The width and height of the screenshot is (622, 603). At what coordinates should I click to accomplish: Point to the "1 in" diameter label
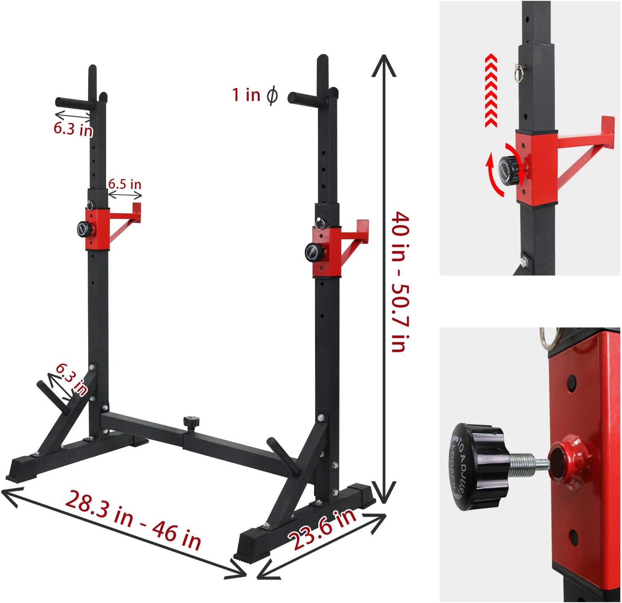point(246,95)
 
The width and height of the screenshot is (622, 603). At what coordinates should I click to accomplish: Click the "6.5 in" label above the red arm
point(125,184)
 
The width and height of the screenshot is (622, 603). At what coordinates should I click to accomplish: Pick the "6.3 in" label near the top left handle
point(73,128)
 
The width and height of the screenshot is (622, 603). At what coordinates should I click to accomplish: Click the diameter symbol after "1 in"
point(272,95)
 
